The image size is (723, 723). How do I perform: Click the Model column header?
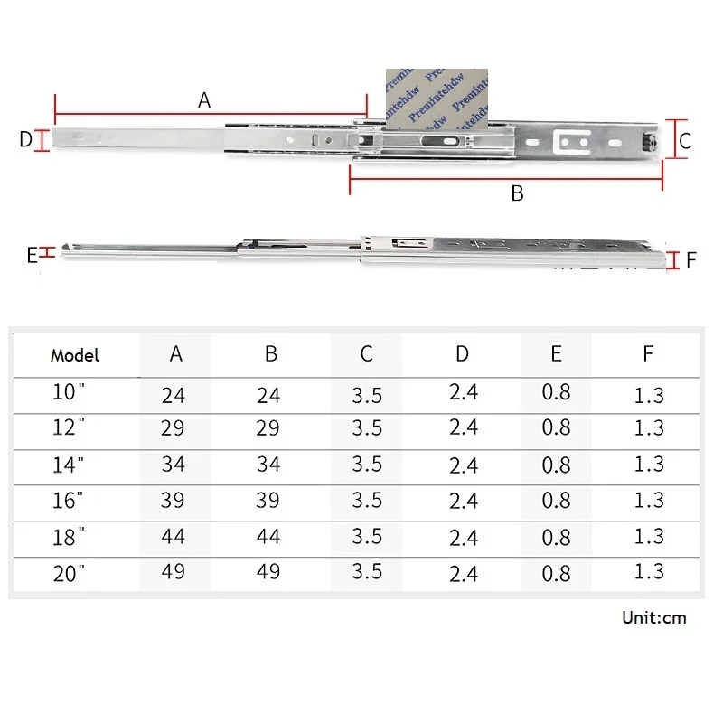(75, 355)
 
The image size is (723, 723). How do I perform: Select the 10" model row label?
(69, 392)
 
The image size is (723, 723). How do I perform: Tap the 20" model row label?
(69, 573)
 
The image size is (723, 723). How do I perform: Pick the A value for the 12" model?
(173, 427)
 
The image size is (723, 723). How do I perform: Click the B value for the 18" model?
(268, 536)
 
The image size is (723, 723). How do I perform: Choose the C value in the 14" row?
(367, 464)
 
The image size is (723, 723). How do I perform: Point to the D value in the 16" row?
(464, 501)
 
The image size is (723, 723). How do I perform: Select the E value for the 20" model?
(556, 573)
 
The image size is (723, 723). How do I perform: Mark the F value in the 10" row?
(649, 395)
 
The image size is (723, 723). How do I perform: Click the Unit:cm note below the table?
(653, 617)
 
